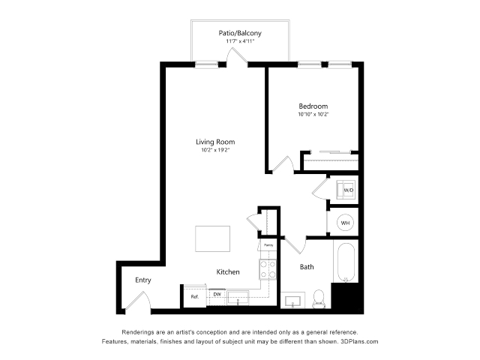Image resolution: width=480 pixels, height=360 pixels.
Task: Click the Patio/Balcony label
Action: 240,33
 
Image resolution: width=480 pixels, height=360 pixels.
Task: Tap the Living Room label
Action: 215,142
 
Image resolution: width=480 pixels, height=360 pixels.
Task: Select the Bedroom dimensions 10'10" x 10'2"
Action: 314,115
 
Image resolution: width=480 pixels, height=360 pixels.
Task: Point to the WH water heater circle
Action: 346,223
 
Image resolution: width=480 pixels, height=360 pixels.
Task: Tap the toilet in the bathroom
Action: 318,298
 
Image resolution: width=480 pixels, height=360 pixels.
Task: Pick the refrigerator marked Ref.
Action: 194,295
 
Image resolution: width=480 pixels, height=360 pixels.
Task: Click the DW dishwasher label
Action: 216,295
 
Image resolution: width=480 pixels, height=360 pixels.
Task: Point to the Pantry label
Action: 268,245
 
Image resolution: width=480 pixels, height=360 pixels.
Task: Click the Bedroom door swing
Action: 283,164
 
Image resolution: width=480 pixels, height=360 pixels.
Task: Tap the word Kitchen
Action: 228,271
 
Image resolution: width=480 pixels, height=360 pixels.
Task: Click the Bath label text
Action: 307,267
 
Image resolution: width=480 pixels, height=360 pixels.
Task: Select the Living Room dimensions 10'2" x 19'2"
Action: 215,151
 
